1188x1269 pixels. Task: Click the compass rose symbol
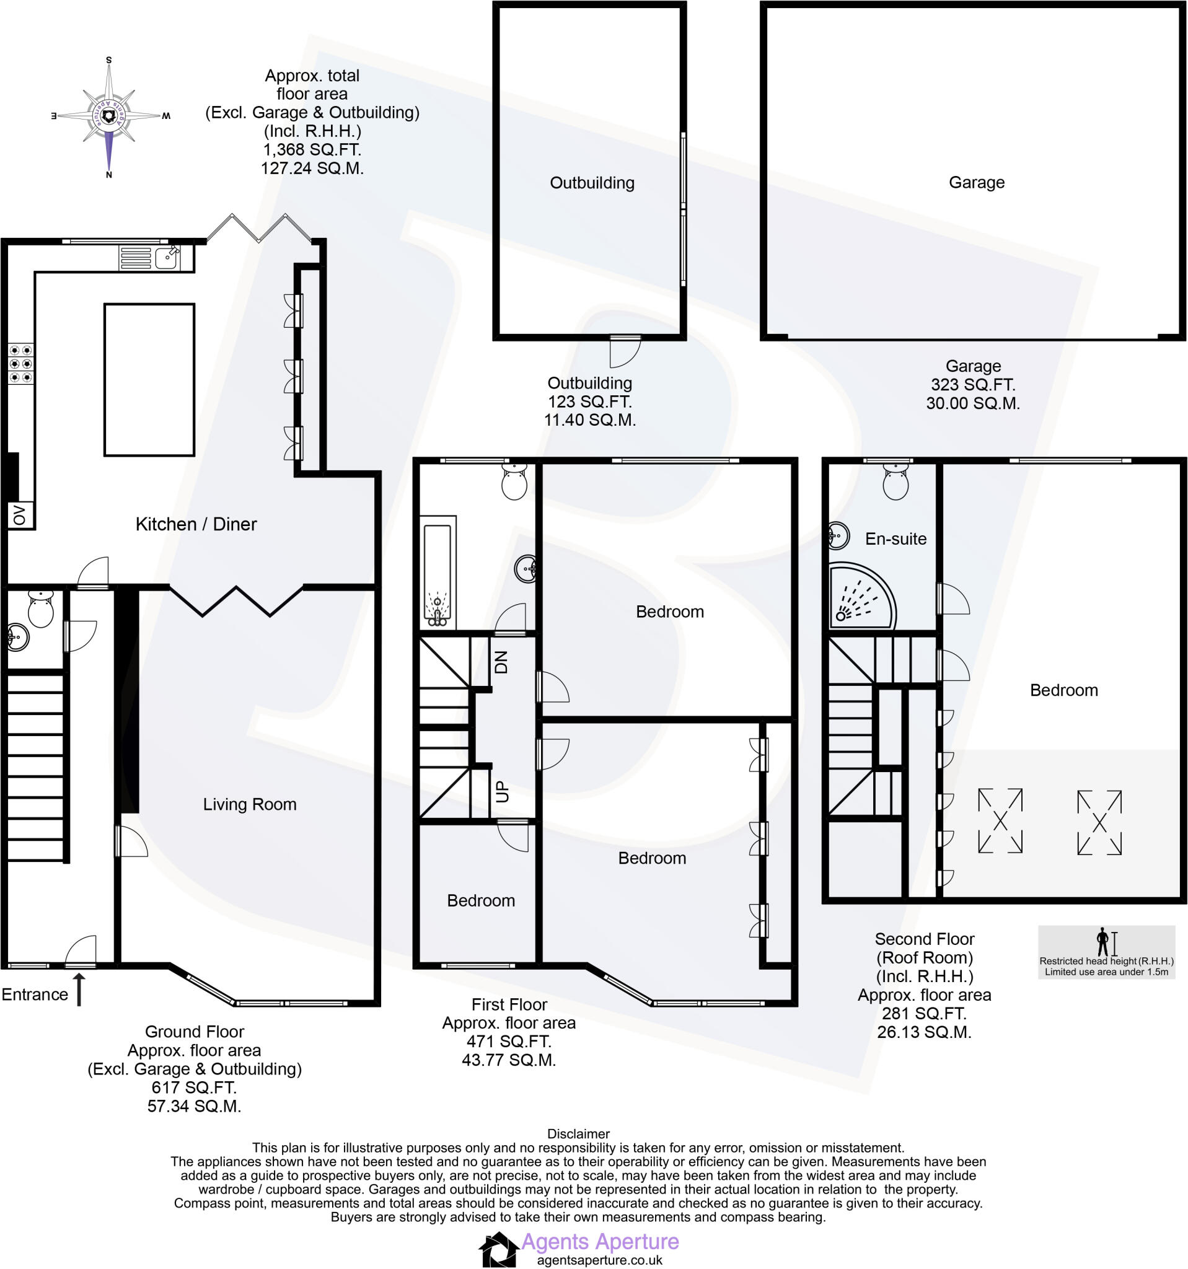coord(109,116)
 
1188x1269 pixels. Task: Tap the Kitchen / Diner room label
coord(196,525)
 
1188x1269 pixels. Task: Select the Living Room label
coord(250,804)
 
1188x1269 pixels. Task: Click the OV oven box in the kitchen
coord(19,515)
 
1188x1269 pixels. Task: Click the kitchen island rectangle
coord(149,380)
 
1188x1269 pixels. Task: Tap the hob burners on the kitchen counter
coord(20,364)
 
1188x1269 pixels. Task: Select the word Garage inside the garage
coord(976,183)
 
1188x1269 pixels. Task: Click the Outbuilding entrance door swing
coord(623,352)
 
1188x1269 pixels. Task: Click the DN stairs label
coord(501,662)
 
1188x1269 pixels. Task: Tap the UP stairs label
coord(503,792)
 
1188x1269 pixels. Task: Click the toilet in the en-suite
coord(895,482)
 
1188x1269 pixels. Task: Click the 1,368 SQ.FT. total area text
coord(312,150)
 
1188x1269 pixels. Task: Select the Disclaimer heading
coord(578,1134)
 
